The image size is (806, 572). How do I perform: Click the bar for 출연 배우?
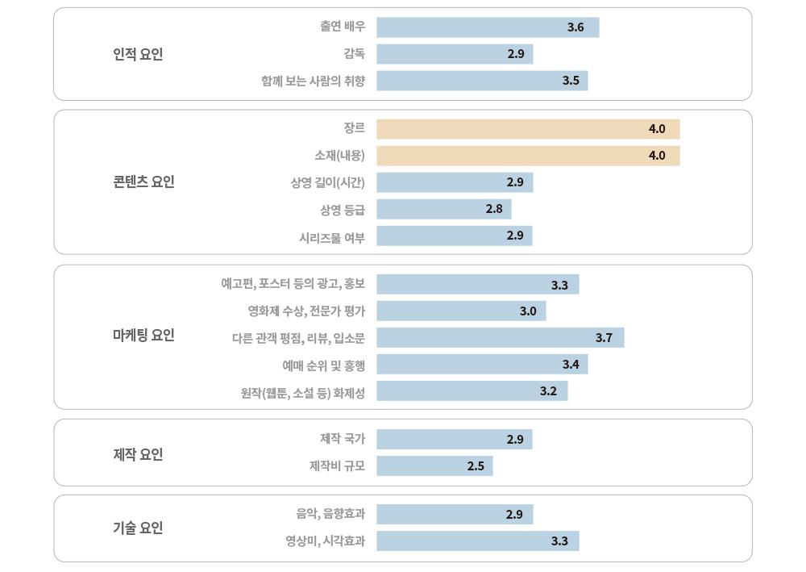point(488,27)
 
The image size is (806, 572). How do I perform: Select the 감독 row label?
point(354,54)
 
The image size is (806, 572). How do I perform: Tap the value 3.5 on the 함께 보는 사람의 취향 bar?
point(571,81)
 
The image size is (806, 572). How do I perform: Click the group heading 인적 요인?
point(138,54)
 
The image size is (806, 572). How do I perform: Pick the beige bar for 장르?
point(528,129)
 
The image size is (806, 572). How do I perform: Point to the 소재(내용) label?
point(339,156)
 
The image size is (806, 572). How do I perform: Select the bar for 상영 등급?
point(443,209)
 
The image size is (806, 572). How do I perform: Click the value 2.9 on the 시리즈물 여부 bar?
point(515,236)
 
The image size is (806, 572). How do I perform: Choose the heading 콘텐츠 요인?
point(143,182)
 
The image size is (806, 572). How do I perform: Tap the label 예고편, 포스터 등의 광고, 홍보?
point(293,284)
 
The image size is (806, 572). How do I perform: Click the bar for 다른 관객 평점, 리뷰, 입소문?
point(500,337)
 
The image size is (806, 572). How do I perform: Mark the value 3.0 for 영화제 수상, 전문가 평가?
point(528,311)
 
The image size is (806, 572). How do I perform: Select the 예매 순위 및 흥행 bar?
point(482,364)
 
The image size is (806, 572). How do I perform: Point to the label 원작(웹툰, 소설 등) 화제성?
point(303,391)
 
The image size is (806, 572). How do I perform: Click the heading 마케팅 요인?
point(143,335)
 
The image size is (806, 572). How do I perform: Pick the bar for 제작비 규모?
point(434,466)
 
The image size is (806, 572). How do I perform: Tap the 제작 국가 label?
point(343,439)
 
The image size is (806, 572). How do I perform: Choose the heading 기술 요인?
point(138,528)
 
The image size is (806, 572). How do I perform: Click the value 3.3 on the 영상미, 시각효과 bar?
point(559,541)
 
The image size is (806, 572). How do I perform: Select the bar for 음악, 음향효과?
point(455,514)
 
